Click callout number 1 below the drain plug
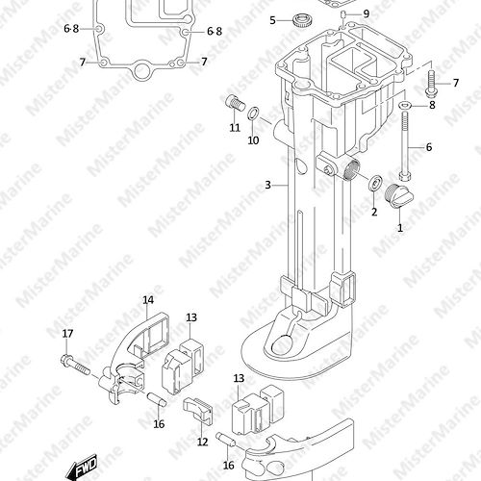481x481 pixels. point(400,228)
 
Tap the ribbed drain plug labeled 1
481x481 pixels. point(399,196)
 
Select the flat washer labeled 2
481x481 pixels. point(374,183)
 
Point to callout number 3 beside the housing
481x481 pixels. point(267,185)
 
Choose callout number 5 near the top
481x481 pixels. point(272,20)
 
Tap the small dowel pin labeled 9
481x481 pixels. point(342,14)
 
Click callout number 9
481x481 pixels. point(367,13)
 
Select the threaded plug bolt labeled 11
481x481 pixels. point(235,103)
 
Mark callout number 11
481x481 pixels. point(235,128)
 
